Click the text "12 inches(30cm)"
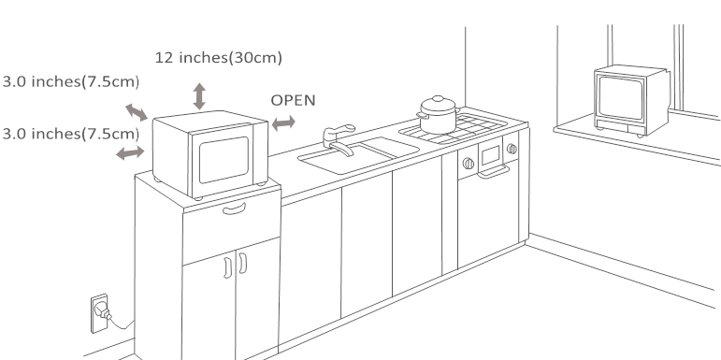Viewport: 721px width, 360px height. click(219, 58)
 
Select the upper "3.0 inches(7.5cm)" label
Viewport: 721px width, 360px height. click(71, 82)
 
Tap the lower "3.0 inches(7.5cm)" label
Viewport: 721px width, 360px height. click(71, 134)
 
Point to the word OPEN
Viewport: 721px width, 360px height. click(293, 100)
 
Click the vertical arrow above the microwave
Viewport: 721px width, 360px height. click(199, 96)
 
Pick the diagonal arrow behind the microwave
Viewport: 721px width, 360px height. click(137, 112)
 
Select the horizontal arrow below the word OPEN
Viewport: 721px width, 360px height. click(283, 123)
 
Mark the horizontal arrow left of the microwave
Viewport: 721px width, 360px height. click(130, 152)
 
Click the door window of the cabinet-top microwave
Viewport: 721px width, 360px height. click(224, 159)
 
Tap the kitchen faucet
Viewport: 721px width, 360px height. click(339, 140)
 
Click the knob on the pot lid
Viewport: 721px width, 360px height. click(438, 98)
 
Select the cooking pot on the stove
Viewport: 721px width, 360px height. click(439, 115)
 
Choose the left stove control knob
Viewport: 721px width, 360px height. click(469, 164)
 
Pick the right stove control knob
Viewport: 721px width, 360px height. click(512, 149)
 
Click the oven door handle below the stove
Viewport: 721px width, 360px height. click(493, 172)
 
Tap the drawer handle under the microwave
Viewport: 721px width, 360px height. click(235, 209)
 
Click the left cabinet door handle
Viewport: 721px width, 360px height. click(227, 268)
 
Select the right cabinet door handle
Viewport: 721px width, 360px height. click(243, 263)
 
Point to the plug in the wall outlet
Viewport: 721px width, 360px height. click(103, 311)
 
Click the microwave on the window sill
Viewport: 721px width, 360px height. click(631, 101)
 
